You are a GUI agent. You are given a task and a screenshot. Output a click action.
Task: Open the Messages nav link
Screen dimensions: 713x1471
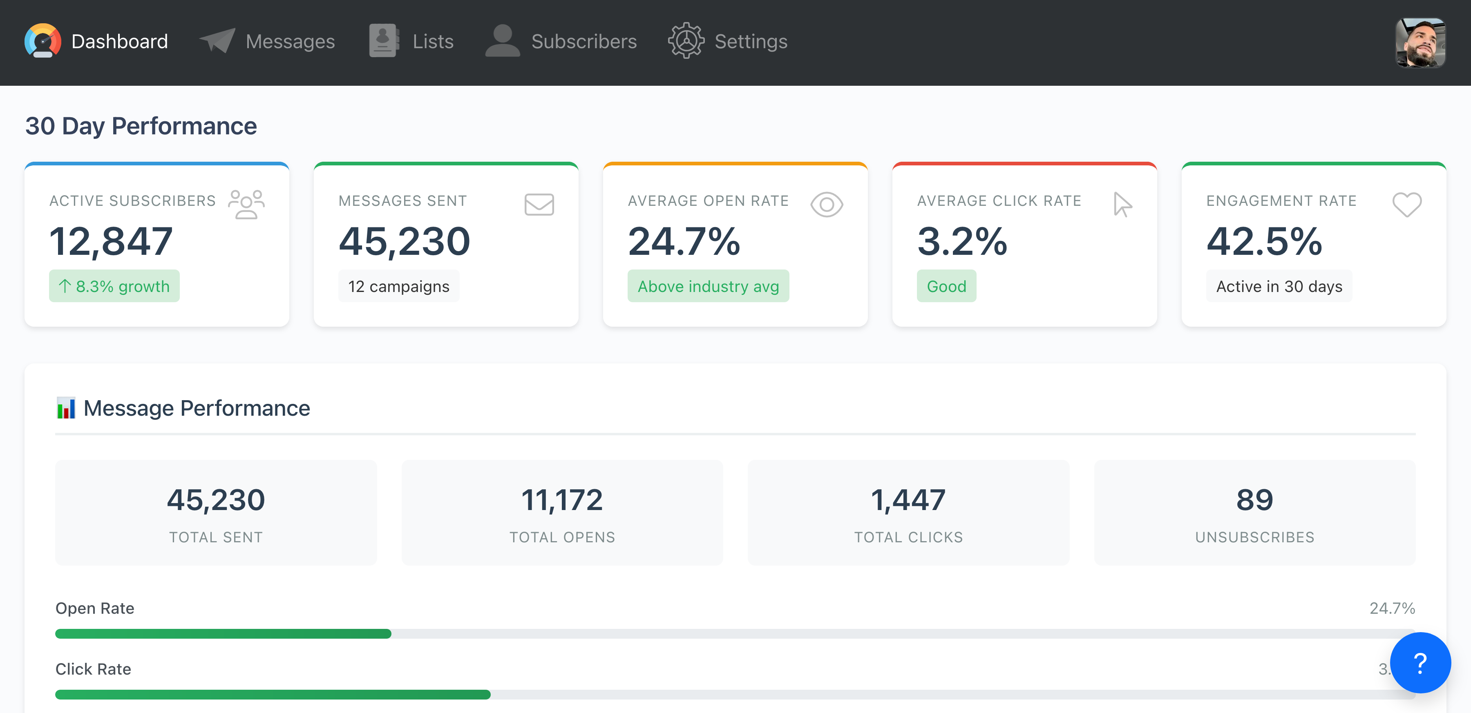pos(290,42)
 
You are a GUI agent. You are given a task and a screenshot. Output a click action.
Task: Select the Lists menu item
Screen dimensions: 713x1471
pos(432,42)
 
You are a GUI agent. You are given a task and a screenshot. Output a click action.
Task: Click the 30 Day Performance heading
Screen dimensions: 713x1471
pos(141,126)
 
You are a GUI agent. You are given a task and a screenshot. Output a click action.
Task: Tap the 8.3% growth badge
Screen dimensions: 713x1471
pos(114,286)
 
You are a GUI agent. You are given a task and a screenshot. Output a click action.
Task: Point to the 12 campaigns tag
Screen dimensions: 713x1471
pos(398,286)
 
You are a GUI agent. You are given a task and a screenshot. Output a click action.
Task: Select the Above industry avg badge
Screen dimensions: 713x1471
pos(708,286)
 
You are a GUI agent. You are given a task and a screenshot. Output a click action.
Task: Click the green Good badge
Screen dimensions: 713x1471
pos(946,286)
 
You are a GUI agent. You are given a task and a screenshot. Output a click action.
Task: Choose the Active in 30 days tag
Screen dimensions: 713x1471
pos(1279,286)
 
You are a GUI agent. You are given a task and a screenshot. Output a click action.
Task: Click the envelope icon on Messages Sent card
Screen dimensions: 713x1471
pos(539,204)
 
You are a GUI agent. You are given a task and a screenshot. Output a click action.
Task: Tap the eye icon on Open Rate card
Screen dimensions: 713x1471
pos(826,204)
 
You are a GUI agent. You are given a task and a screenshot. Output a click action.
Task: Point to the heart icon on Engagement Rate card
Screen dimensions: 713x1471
pos(1406,204)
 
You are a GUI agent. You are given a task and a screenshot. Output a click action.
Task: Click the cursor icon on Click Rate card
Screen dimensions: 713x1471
pos(1122,204)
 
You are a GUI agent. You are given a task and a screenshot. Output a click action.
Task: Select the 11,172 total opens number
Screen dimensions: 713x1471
pos(562,500)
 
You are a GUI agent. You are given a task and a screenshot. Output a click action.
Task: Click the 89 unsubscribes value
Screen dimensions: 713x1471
pos(1254,500)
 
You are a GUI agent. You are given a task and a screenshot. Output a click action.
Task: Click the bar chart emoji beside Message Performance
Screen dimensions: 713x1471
pos(66,408)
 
